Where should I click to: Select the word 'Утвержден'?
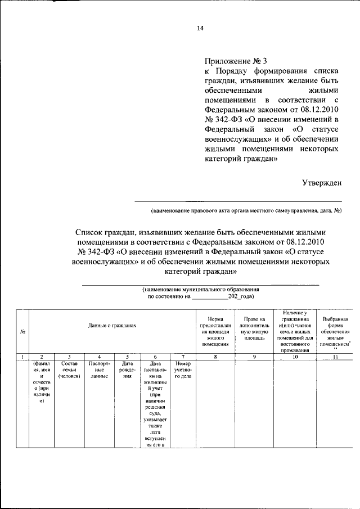point(322,182)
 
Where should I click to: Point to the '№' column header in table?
point(22,331)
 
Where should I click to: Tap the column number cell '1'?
point(22,356)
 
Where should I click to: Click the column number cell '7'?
point(183,356)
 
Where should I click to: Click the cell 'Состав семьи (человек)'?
point(69,370)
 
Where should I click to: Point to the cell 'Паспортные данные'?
point(99,370)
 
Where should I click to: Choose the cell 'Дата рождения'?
point(127,370)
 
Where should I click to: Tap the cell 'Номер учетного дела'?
point(183,370)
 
